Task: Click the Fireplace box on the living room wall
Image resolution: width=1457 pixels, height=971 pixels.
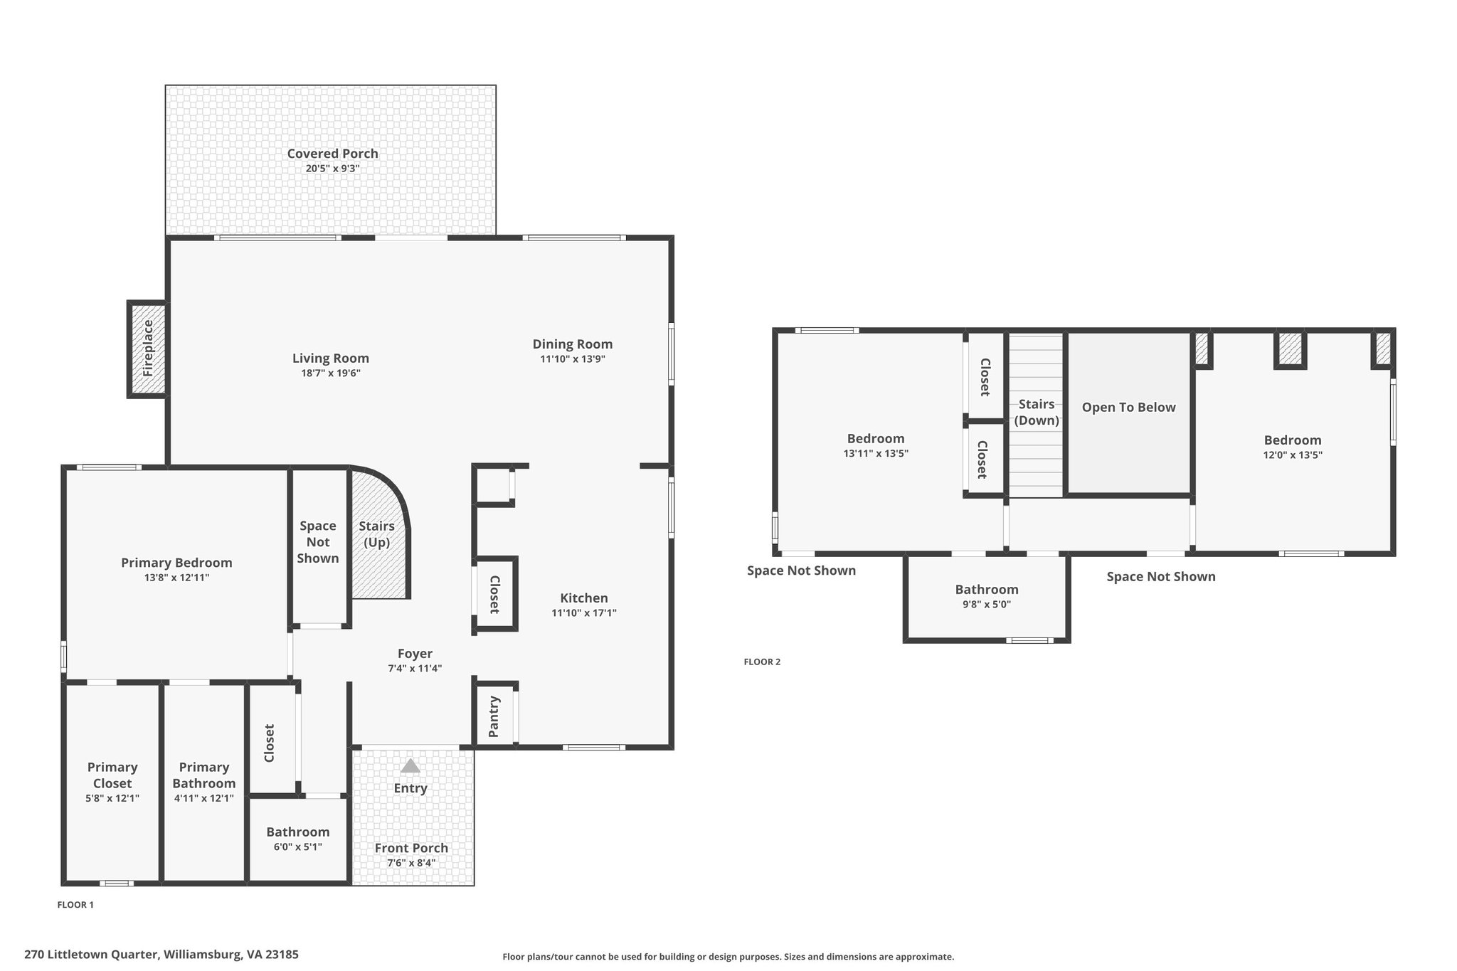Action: (x=147, y=349)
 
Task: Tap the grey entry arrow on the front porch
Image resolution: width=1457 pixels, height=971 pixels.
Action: (x=410, y=765)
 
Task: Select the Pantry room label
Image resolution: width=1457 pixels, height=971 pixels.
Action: (x=494, y=717)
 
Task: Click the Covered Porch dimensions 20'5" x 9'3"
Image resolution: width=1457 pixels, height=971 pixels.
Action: (x=332, y=169)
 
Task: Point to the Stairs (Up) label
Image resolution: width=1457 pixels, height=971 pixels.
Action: (x=376, y=534)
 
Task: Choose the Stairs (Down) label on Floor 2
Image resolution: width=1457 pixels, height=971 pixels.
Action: (x=1037, y=412)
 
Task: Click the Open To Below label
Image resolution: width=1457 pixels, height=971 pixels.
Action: (x=1129, y=407)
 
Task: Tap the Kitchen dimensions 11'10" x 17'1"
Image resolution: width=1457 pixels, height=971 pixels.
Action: (x=584, y=612)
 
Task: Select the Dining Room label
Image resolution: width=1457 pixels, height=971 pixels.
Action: (x=573, y=344)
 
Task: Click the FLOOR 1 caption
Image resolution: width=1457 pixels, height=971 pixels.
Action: (x=75, y=905)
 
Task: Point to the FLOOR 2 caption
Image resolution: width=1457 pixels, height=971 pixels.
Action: (x=762, y=662)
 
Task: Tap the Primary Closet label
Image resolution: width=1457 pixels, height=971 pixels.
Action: (x=112, y=775)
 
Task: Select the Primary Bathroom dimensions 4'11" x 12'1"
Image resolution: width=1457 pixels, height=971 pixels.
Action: (x=204, y=798)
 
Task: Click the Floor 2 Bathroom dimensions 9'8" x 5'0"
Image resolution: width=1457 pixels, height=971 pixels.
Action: (x=987, y=605)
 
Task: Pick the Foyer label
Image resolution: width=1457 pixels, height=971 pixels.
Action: (x=415, y=654)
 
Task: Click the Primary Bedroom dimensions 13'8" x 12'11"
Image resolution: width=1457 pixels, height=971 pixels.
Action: (x=176, y=578)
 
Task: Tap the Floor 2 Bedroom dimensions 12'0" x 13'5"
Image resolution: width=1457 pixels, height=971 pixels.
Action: (x=1293, y=455)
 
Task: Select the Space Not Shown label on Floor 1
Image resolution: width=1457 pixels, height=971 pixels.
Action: (x=318, y=542)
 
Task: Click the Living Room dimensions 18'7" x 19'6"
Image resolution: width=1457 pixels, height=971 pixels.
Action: (x=331, y=373)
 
